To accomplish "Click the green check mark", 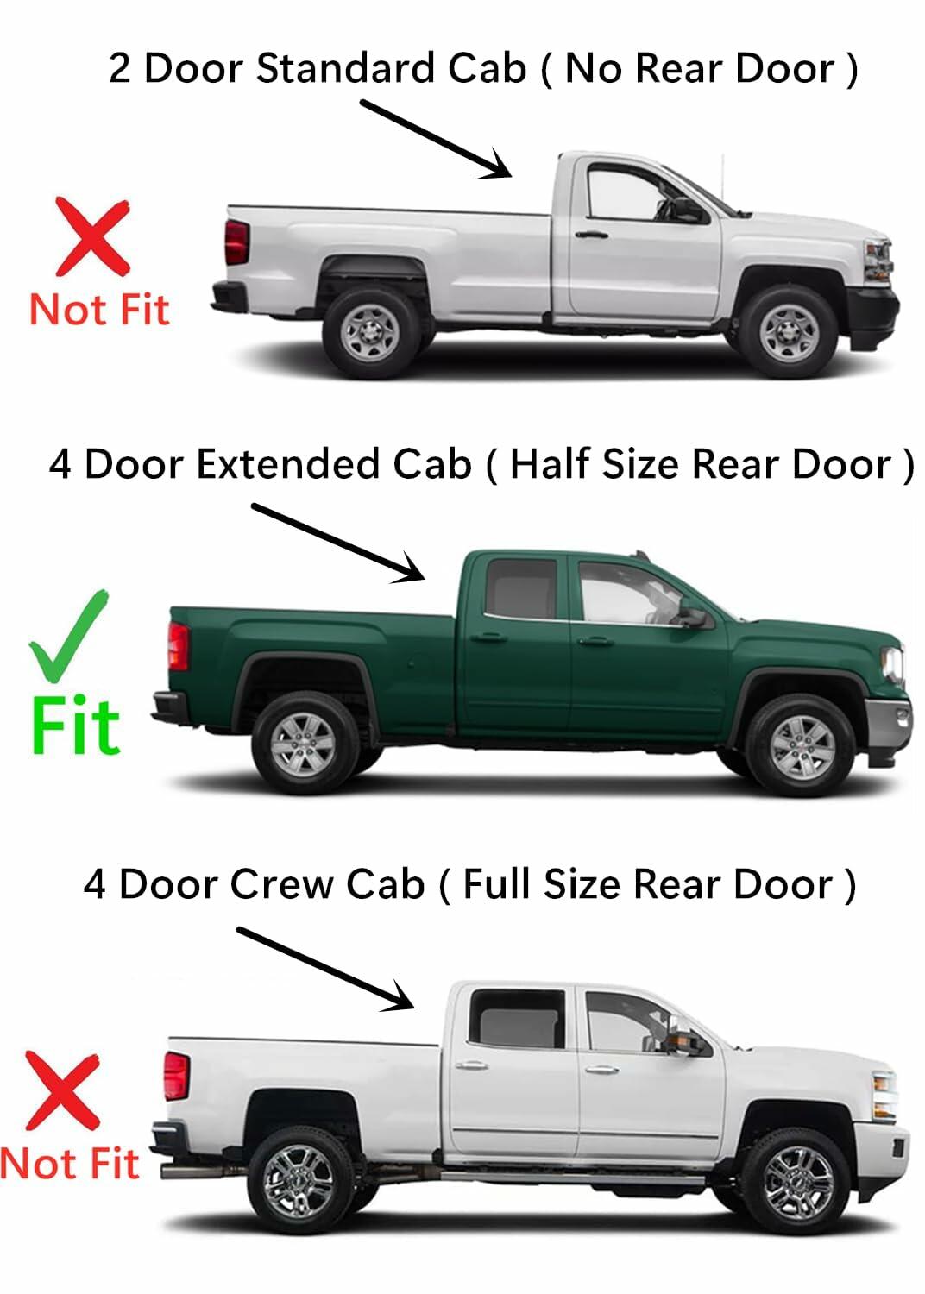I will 67,634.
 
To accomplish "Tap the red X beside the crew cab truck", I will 62,1091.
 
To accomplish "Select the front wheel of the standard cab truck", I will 788,332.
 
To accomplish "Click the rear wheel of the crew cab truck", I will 299,1182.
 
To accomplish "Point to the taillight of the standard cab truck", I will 236,242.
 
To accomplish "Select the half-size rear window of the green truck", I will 521,588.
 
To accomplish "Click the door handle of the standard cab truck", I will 590,234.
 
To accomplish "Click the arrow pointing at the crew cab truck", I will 325,968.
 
